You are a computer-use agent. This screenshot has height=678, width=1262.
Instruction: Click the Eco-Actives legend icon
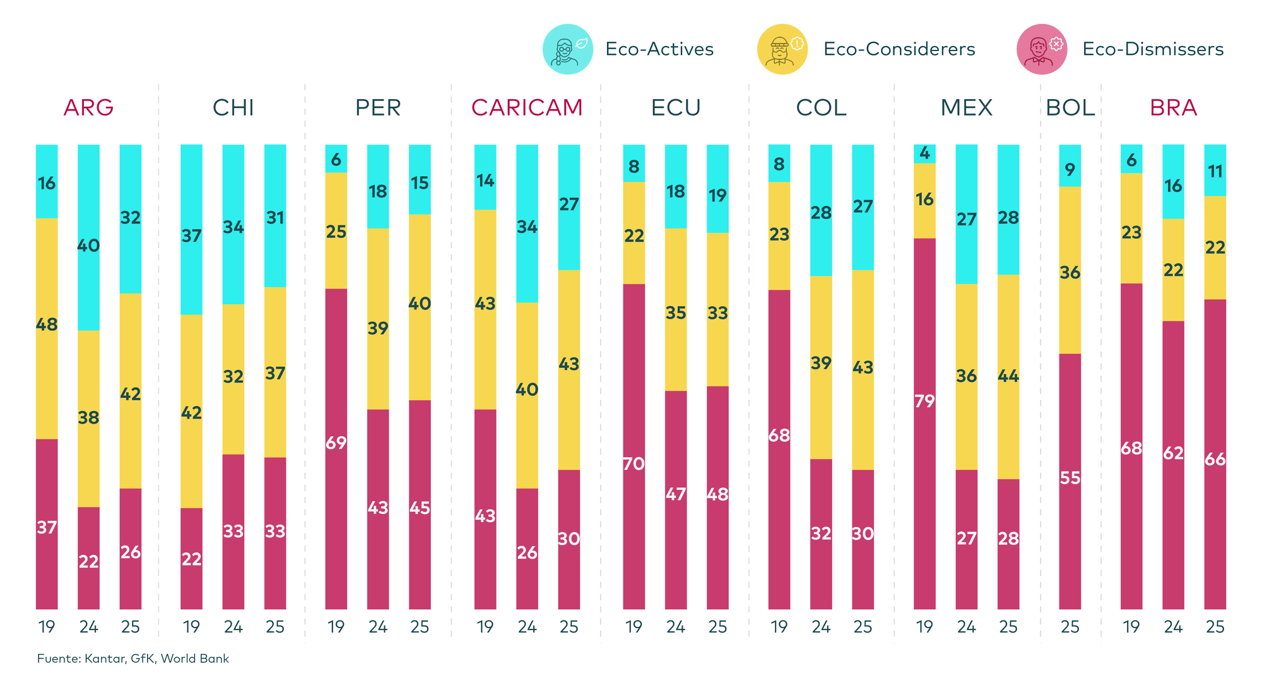[x=567, y=49]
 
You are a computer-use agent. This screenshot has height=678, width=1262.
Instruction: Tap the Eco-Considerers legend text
[x=899, y=49]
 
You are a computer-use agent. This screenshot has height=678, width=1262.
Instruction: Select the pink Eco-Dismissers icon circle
[x=1042, y=49]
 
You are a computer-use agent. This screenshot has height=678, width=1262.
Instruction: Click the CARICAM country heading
[x=527, y=108]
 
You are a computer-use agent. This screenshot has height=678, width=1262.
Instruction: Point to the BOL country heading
[x=1070, y=108]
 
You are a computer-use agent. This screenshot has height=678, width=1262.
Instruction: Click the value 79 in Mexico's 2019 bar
[x=924, y=401]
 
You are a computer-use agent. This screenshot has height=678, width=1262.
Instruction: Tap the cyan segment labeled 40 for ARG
[x=88, y=245]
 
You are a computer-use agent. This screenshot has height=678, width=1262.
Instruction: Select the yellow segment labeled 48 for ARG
[x=47, y=325]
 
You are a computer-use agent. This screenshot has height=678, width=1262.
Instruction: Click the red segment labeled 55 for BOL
[x=1070, y=479]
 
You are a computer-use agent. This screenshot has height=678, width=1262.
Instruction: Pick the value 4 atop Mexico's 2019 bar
[x=924, y=153]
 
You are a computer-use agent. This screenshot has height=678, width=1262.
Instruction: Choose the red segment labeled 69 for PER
[x=336, y=443]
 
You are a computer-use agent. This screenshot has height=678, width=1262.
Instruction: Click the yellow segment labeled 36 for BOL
[x=1070, y=273]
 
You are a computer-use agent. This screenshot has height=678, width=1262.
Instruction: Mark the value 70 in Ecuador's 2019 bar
[x=634, y=464]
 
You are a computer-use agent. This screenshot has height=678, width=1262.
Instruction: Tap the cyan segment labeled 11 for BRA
[x=1215, y=171]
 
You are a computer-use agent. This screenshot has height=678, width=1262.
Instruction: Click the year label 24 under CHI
[x=233, y=627]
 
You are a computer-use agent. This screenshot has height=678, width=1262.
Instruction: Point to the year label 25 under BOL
[x=1070, y=627]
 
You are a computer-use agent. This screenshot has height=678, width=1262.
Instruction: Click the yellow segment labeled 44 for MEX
[x=1008, y=376]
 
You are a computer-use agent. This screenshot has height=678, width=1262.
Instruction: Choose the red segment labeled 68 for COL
[x=779, y=436]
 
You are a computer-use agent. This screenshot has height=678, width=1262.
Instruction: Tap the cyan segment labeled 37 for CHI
[x=191, y=236]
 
